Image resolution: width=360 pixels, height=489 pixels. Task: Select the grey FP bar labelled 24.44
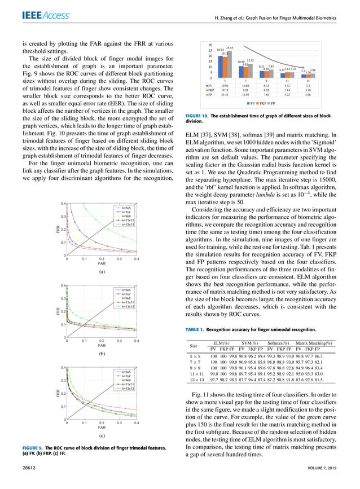(x=230, y=63)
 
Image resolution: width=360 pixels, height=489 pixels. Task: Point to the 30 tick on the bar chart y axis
(x=210, y=45)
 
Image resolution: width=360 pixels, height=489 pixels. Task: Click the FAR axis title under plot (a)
(x=102, y=263)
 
